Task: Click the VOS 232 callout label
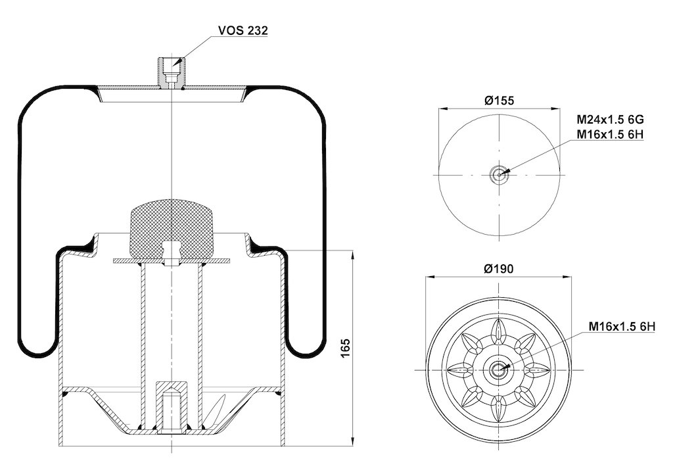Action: (243, 30)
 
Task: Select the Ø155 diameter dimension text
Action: (499, 101)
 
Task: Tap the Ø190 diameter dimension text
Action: (499, 269)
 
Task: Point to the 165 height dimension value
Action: (346, 348)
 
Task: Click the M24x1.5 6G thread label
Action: (610, 119)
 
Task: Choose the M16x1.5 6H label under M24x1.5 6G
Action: (610, 134)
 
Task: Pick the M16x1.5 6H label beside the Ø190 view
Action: (622, 327)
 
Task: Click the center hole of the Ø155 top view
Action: (499, 175)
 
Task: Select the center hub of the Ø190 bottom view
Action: (499, 369)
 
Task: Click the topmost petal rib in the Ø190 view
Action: (499, 331)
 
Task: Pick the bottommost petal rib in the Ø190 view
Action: (499, 408)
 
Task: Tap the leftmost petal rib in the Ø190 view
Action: (461, 369)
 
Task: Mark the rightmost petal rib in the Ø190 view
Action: (537, 369)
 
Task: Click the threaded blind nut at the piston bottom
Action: (172, 407)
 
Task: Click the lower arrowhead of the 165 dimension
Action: (353, 440)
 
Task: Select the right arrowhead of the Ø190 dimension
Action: (567, 277)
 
